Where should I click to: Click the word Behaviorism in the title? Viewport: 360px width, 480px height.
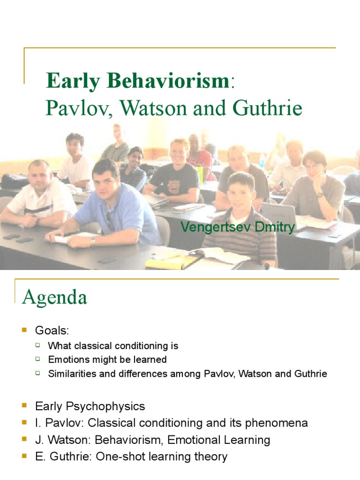167,81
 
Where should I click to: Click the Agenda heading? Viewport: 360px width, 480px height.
54,297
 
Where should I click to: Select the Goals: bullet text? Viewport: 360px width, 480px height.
52,331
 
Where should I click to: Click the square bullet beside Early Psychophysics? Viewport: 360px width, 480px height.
25,406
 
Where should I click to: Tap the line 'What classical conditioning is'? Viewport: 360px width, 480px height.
113,346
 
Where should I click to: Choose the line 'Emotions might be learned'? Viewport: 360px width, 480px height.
107,360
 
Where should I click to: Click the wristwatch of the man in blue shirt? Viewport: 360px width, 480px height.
93,240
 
